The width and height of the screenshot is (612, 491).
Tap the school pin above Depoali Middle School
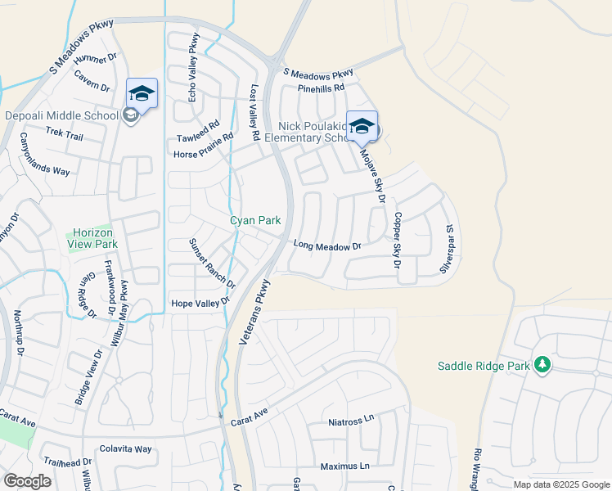click(142, 94)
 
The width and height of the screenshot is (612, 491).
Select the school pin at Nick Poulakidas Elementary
click(362, 127)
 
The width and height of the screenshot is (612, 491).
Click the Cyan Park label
click(254, 220)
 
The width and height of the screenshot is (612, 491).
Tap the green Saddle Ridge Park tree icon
click(542, 365)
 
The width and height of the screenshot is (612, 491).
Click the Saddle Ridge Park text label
click(484, 366)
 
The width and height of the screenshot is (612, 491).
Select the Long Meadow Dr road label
click(327, 245)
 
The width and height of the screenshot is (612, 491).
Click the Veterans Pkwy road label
click(254, 313)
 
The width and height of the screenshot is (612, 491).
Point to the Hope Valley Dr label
click(200, 304)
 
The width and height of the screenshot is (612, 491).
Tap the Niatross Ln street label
click(350, 421)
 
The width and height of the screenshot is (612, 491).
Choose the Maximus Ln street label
click(344, 466)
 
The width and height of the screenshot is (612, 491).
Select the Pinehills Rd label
click(321, 88)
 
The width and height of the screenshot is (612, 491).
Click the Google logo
click(27, 480)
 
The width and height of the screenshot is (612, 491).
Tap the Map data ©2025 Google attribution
click(560, 484)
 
